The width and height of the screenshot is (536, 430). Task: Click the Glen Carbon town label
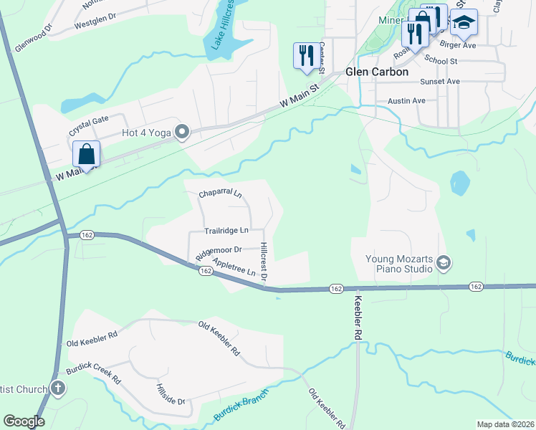(377, 72)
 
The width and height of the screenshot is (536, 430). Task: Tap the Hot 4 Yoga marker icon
(182, 131)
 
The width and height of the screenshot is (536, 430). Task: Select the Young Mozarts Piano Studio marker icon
(444, 263)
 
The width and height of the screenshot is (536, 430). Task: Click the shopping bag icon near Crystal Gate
(86, 154)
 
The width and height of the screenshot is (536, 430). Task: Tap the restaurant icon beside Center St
(306, 55)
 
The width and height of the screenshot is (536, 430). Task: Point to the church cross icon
(58, 389)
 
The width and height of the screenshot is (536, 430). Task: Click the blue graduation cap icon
(464, 22)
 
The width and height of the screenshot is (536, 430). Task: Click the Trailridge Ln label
(226, 231)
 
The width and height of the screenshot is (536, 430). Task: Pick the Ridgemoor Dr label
(218, 252)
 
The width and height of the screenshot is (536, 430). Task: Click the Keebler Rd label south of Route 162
(359, 314)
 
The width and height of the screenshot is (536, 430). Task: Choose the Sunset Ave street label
(440, 82)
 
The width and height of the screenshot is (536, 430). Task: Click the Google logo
(24, 421)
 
